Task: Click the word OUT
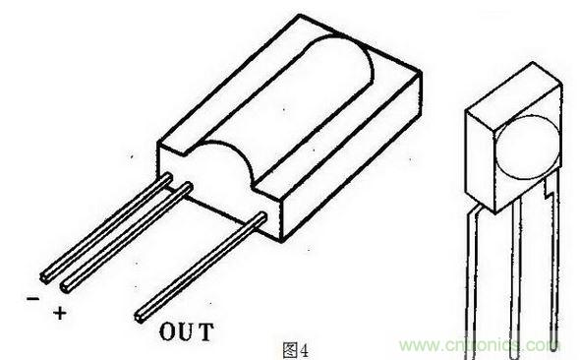185,330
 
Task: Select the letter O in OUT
166,330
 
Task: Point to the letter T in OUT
204,330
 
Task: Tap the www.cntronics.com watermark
485,346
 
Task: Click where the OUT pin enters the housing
258,218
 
